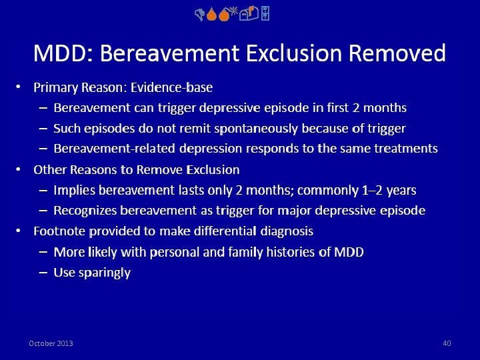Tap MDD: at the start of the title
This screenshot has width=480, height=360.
(x=56, y=52)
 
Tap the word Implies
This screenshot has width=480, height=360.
(x=74, y=190)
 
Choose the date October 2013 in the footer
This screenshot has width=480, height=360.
(x=51, y=343)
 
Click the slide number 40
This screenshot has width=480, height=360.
(x=447, y=343)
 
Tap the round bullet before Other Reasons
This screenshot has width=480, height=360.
(x=19, y=169)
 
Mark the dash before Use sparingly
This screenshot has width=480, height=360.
(x=42, y=273)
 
